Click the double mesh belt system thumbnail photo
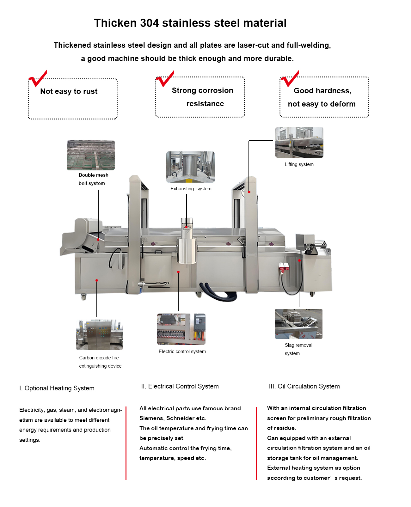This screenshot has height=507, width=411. coord(91,155)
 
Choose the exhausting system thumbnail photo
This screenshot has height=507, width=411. coord(191,167)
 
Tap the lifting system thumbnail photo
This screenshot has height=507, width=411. coord(299,143)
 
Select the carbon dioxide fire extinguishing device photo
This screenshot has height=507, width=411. coord(100,334)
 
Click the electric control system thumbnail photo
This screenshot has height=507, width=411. coord(181,329)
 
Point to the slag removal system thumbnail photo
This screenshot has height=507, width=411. coord(299,324)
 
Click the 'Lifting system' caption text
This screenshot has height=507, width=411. coord(299,164)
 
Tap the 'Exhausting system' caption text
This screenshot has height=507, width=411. coord(191,189)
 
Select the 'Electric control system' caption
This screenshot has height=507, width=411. coord(182,351)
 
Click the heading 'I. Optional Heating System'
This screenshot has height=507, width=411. coord(57,388)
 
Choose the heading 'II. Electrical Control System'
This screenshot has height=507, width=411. coord(180,386)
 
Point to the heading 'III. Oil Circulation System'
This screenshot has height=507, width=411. coord(304,386)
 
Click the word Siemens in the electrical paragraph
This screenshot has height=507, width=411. coord(151,418)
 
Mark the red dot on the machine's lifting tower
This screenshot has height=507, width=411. coord(249,192)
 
